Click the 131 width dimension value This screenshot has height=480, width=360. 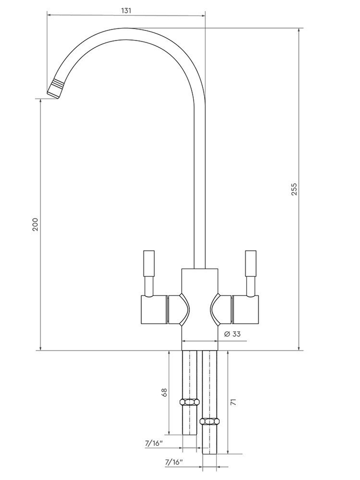(x=126, y=10)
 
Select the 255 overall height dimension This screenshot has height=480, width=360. (x=294, y=189)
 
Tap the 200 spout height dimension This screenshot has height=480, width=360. (x=35, y=224)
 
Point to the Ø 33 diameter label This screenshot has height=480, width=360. (x=232, y=334)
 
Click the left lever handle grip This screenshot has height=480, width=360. (x=149, y=264)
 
